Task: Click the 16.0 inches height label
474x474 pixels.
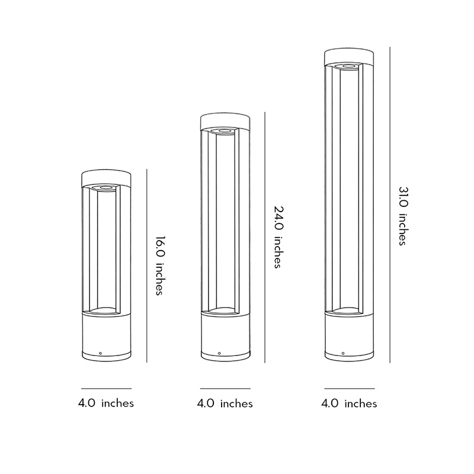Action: (x=159, y=266)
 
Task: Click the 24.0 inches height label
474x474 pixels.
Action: (x=277, y=237)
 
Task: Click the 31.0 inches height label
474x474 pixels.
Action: (x=402, y=216)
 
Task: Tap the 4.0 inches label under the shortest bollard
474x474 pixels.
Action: (x=106, y=403)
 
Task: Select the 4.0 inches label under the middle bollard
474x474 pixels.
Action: (x=225, y=403)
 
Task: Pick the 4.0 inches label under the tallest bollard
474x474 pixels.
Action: (x=349, y=403)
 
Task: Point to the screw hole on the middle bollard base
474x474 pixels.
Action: (x=220, y=353)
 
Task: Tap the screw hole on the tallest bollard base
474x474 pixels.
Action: (x=343, y=353)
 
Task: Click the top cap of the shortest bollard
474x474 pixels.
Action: (x=106, y=176)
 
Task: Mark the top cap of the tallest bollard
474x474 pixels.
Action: (x=349, y=57)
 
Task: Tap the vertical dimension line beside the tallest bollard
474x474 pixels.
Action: (x=389, y=204)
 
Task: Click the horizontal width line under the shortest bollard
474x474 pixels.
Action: (x=106, y=389)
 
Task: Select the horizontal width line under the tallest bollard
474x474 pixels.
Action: (x=349, y=389)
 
